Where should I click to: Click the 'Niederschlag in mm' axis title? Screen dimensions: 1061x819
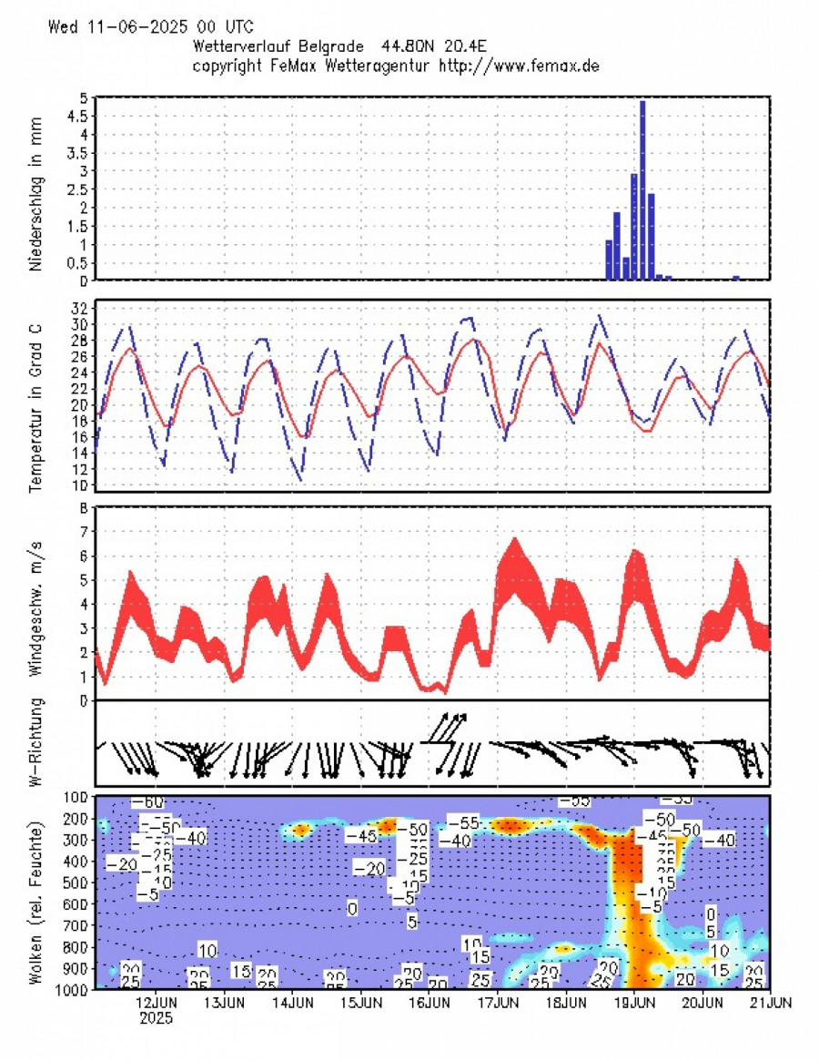(x=37, y=189)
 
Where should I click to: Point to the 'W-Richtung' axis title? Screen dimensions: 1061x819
(x=37, y=743)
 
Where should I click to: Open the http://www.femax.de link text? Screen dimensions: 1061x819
(x=519, y=66)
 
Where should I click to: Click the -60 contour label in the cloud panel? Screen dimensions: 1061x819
(x=147, y=801)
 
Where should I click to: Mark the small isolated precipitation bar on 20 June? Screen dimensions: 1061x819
(x=735, y=277)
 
